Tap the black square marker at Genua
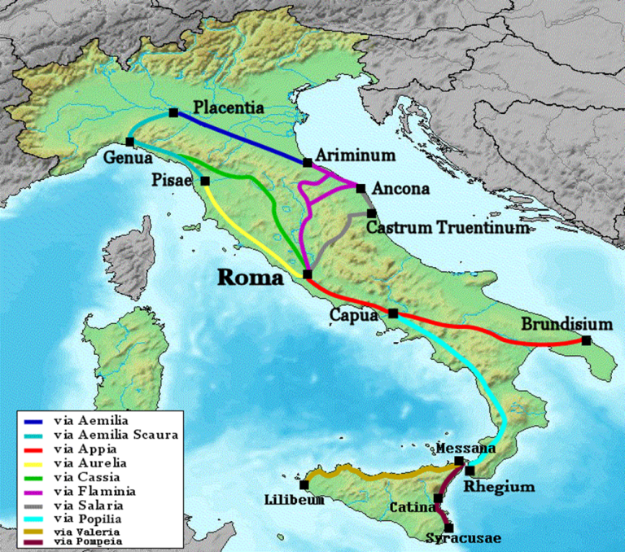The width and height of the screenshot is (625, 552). [129, 142]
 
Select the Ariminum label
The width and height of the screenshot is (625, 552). [355, 155]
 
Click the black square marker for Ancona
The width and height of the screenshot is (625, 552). [361, 186]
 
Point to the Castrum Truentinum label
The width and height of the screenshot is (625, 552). [437, 228]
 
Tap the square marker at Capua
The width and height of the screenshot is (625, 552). [393, 313]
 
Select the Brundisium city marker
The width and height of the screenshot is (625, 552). [586, 340]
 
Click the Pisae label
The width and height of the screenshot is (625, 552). [175, 178]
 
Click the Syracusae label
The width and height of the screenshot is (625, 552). [464, 538]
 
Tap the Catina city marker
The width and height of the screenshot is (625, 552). [439, 498]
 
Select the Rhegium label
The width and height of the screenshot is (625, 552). [499, 487]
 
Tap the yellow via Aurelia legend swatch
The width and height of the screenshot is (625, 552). [34, 463]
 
